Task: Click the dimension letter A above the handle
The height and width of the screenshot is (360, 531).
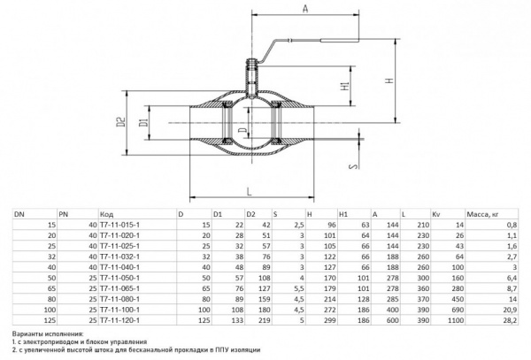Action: (305, 8)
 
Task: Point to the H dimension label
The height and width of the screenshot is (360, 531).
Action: (390, 80)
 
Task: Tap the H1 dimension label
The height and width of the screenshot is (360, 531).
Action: (345, 86)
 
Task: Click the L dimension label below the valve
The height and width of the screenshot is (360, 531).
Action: (250, 192)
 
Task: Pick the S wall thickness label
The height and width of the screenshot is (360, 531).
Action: (353, 166)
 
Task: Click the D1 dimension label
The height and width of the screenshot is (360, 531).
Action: (144, 122)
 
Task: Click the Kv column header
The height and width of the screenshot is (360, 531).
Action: (435, 214)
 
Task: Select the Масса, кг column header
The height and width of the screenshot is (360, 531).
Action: (482, 214)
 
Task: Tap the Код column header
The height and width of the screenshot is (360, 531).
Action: (106, 215)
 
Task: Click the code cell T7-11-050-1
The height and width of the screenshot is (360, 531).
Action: (119, 278)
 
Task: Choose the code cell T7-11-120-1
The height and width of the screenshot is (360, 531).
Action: (119, 320)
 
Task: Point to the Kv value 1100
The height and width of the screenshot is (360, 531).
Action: (456, 320)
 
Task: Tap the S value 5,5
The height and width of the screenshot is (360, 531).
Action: (299, 288)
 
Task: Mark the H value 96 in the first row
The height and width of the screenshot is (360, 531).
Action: (332, 225)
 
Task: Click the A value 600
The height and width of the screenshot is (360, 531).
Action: (393, 320)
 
